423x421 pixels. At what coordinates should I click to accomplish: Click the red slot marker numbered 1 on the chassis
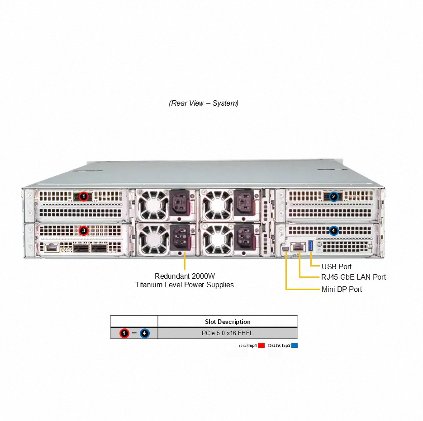83,196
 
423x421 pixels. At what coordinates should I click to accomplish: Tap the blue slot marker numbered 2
333,196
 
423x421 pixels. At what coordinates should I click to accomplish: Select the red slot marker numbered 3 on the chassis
83,231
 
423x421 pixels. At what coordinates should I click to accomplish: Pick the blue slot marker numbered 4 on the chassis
333,231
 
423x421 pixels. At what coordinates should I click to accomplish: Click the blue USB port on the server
311,247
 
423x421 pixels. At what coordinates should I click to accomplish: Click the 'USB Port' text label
336,267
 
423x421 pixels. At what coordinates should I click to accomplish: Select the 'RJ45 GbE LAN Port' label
353,277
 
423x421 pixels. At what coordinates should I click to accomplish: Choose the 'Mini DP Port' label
342,289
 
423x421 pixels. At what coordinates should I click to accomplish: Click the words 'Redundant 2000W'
185,276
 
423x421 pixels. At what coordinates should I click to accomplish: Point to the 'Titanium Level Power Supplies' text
185,285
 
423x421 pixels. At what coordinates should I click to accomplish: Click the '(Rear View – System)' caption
204,103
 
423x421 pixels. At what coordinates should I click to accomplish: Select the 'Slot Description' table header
228,322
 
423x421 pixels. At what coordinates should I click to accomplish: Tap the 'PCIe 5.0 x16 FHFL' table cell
227,333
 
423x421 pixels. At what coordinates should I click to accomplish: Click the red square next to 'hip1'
261,346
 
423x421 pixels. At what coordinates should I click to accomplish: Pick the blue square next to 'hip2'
295,346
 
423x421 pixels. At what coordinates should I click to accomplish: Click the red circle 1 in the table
124,333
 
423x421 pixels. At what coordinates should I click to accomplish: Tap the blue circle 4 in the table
144,333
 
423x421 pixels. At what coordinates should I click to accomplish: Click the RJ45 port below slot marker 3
51,247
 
